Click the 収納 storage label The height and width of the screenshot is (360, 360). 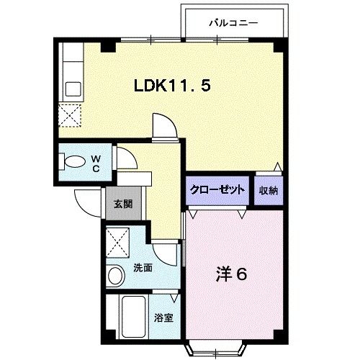coord(269,189)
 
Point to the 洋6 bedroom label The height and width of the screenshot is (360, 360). coord(233,274)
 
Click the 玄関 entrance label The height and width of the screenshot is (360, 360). coord(122,204)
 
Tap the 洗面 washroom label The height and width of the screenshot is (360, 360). coord(143,268)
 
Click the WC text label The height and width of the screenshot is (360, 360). coord(94,163)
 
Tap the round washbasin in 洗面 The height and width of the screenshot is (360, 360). coord(116,275)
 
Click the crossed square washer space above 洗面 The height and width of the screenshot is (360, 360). coord(117,240)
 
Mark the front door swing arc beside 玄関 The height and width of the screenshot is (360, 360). coord(88,202)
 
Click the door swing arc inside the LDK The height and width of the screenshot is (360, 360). coord(164,127)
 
